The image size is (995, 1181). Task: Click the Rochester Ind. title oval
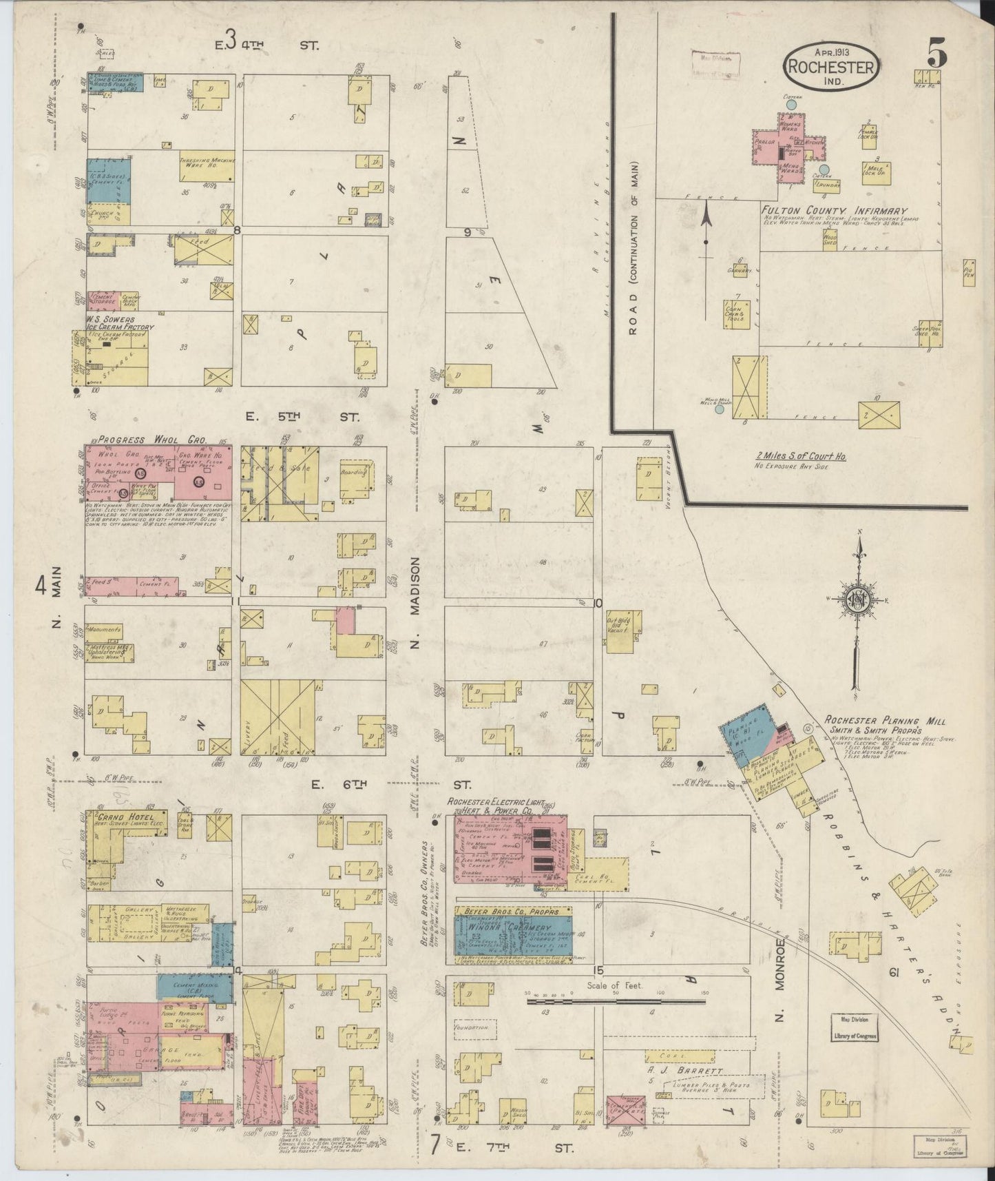[x=832, y=67]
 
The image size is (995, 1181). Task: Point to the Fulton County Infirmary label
[x=834, y=211]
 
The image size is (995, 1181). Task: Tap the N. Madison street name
[x=415, y=602]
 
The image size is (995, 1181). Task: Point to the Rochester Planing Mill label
[x=874, y=720]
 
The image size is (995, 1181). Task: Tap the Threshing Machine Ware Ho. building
[x=207, y=165]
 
